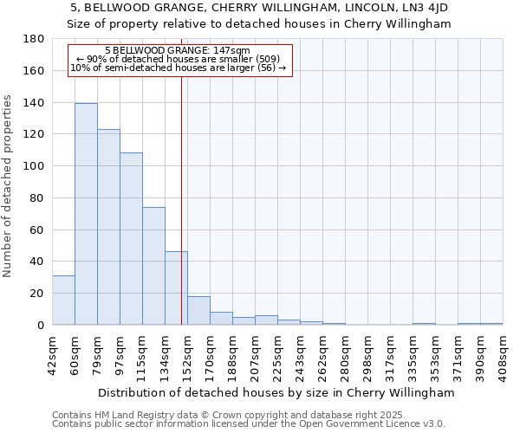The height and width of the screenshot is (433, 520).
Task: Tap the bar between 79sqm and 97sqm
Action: click(x=108, y=227)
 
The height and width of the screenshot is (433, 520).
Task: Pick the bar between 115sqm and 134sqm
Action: click(x=153, y=266)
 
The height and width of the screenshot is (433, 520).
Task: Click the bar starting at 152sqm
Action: click(x=198, y=310)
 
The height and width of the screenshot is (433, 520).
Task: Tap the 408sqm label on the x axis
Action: click(x=503, y=356)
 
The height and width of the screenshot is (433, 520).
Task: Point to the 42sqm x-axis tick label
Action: click(x=52, y=356)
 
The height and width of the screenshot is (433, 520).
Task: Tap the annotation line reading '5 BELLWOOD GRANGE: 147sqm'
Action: click(x=177, y=50)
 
